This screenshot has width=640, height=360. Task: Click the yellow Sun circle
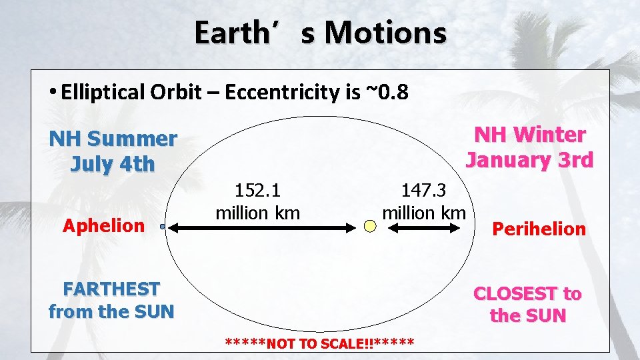(x=371, y=227)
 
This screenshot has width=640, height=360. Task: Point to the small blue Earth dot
(x=162, y=227)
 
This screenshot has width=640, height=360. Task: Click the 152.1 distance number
(x=257, y=191)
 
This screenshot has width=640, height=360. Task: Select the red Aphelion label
(x=103, y=225)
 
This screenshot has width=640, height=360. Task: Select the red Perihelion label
(x=539, y=229)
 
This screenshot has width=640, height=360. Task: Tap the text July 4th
(x=113, y=164)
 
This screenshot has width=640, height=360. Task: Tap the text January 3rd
(x=529, y=160)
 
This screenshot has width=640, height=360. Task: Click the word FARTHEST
(x=111, y=289)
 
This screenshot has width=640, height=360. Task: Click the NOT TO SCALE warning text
(x=319, y=344)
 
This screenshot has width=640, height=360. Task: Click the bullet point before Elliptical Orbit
(x=53, y=92)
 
